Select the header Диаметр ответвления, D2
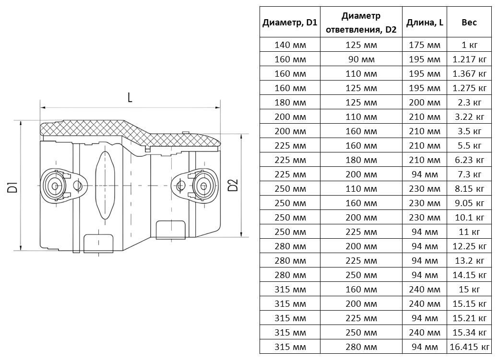361,23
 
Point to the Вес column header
469,23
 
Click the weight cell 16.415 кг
469,347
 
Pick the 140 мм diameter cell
290,45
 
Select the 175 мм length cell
424,45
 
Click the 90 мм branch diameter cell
361,59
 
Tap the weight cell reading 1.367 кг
469,74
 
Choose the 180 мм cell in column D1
290,103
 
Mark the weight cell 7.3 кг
469,174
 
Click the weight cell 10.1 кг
469,218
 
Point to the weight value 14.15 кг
469,275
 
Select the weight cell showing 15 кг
469,290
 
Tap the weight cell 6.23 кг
469,160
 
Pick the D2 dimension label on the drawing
233,186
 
